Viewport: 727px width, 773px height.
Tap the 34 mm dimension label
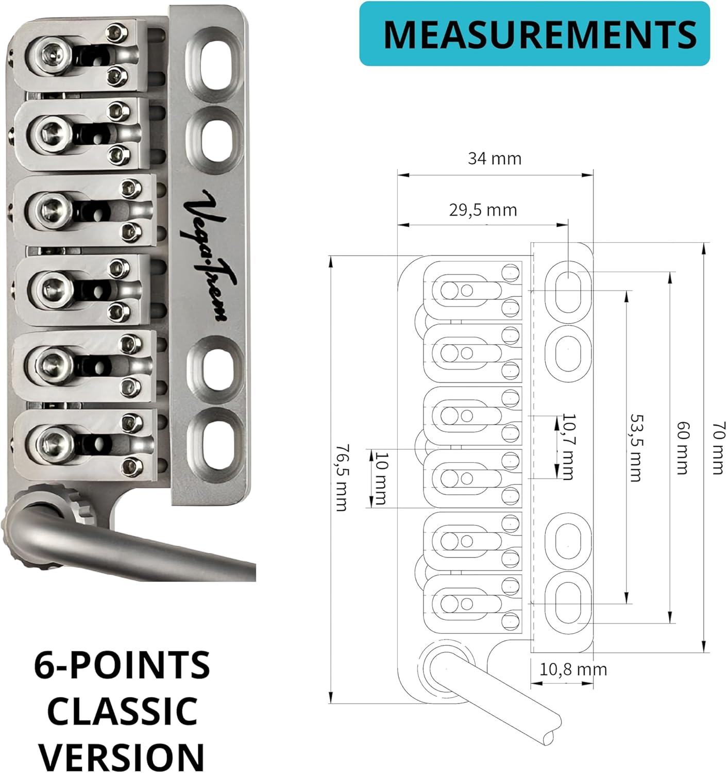tap(494, 158)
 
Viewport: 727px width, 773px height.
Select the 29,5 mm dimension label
tap(483, 210)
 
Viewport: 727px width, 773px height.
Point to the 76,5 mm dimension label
tap(341, 478)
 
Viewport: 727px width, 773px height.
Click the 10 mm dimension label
tap(381, 478)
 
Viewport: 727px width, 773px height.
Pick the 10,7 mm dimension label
tap(568, 446)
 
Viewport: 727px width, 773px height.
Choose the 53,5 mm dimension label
tap(636, 447)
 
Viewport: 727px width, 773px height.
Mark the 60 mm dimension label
tap(682, 447)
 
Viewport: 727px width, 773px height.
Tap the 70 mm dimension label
tap(718, 447)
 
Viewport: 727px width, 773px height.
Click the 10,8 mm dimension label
tap(573, 669)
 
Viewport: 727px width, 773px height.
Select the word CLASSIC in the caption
tap(122, 711)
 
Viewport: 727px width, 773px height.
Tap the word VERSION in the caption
tap(122, 756)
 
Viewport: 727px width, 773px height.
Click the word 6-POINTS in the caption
tap(122, 665)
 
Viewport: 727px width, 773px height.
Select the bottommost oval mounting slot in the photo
tap(215, 443)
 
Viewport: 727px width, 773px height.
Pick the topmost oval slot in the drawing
tap(568, 290)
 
